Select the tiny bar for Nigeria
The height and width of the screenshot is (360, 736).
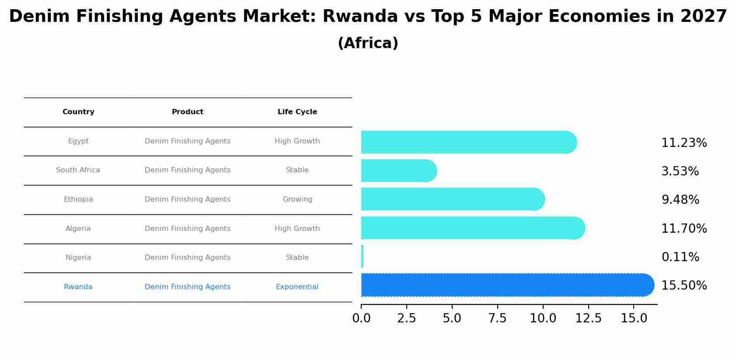(x=362, y=256)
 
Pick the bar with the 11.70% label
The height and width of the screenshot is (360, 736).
(x=473, y=228)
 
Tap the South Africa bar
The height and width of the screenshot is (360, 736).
(x=398, y=171)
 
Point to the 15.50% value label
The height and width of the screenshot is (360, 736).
(x=684, y=286)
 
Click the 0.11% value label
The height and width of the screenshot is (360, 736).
(x=680, y=257)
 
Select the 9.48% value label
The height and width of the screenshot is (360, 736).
(x=680, y=200)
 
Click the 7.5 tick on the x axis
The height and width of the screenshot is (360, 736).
(x=497, y=318)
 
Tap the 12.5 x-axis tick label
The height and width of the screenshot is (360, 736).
(x=588, y=318)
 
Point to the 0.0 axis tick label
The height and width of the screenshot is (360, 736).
(x=361, y=318)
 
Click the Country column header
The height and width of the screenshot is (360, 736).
(x=78, y=112)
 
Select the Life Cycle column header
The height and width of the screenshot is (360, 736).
(x=297, y=112)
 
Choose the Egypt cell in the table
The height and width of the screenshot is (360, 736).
(x=78, y=141)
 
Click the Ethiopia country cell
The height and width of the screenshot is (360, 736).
(x=78, y=199)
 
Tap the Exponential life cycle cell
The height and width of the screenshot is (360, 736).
(x=297, y=287)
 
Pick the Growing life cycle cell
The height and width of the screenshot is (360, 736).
(x=297, y=199)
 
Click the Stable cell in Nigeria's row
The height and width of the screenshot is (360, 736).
(x=297, y=258)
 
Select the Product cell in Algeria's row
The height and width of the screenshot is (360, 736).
(x=188, y=229)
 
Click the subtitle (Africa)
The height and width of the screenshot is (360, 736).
(x=368, y=43)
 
